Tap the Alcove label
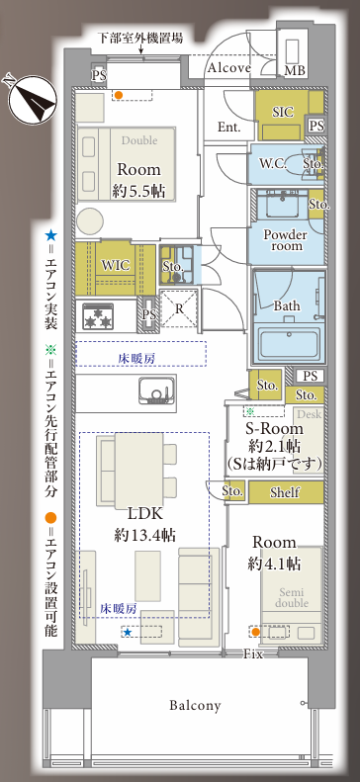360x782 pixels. coord(228,68)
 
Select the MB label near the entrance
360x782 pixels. coord(294,70)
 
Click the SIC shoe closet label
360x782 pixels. coord(283,111)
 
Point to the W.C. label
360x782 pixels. coord(273,163)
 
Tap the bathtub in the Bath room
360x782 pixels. coord(288,343)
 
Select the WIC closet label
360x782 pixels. coord(115,265)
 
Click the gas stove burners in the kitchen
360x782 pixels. coord(97,316)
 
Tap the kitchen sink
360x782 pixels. coord(156,390)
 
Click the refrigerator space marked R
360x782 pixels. coord(178,309)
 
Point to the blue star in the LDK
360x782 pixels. coord(128,633)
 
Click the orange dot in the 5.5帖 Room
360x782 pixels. coord(119,94)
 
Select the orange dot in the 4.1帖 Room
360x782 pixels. coord(255,633)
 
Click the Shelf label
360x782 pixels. coord(285,492)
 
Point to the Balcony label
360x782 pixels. coord(195,705)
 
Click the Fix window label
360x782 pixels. coord(253,654)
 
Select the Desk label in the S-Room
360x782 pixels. coord(310,413)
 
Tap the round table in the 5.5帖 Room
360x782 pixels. coord(90,220)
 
